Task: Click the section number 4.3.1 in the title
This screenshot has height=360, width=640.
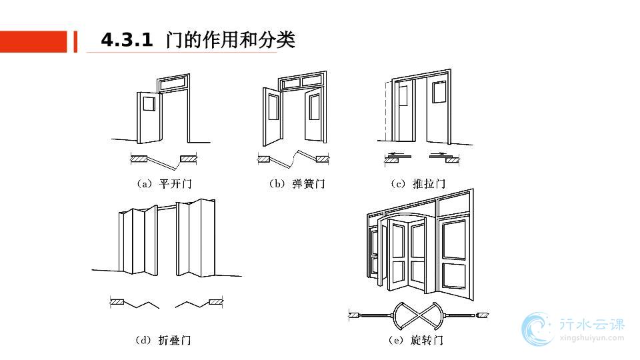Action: tap(127, 41)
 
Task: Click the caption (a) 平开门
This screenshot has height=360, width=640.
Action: tap(164, 184)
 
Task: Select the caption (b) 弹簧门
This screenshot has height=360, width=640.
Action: tap(297, 184)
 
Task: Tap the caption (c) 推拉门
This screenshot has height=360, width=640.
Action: tap(419, 184)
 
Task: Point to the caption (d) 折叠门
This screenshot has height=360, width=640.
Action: tap(164, 340)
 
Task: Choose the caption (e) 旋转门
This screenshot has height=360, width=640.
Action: tap(416, 340)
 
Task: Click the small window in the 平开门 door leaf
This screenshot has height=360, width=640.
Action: tap(148, 104)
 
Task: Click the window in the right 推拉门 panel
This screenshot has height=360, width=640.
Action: tap(438, 92)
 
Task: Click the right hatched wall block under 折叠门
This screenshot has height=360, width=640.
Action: tap(216, 303)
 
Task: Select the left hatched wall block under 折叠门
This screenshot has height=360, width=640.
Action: tap(119, 303)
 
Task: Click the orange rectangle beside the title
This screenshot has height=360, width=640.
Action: tap(33, 41)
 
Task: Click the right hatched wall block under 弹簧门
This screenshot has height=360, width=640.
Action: tap(323, 159)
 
